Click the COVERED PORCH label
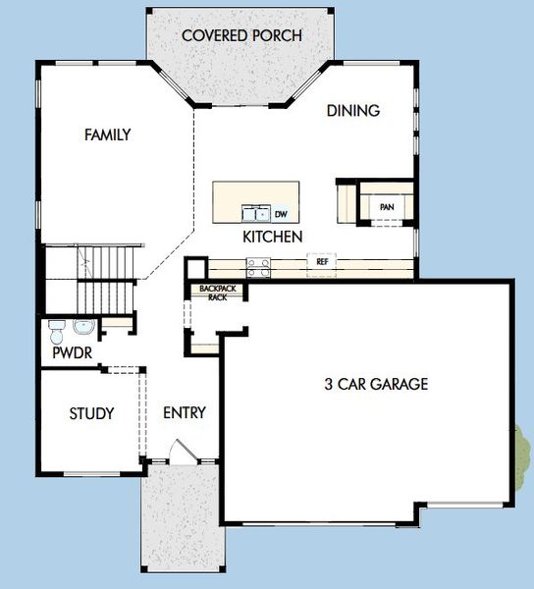click(241, 36)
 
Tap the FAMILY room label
click(107, 135)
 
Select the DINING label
click(352, 111)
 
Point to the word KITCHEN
click(272, 238)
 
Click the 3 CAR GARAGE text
click(376, 385)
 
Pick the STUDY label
click(91, 413)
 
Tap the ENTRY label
click(184, 413)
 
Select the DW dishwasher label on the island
click(281, 214)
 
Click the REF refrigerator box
click(321, 262)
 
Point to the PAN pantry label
click(387, 207)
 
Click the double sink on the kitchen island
click(256, 213)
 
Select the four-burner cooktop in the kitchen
click(258, 262)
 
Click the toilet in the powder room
click(56, 327)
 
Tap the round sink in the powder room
click(85, 327)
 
